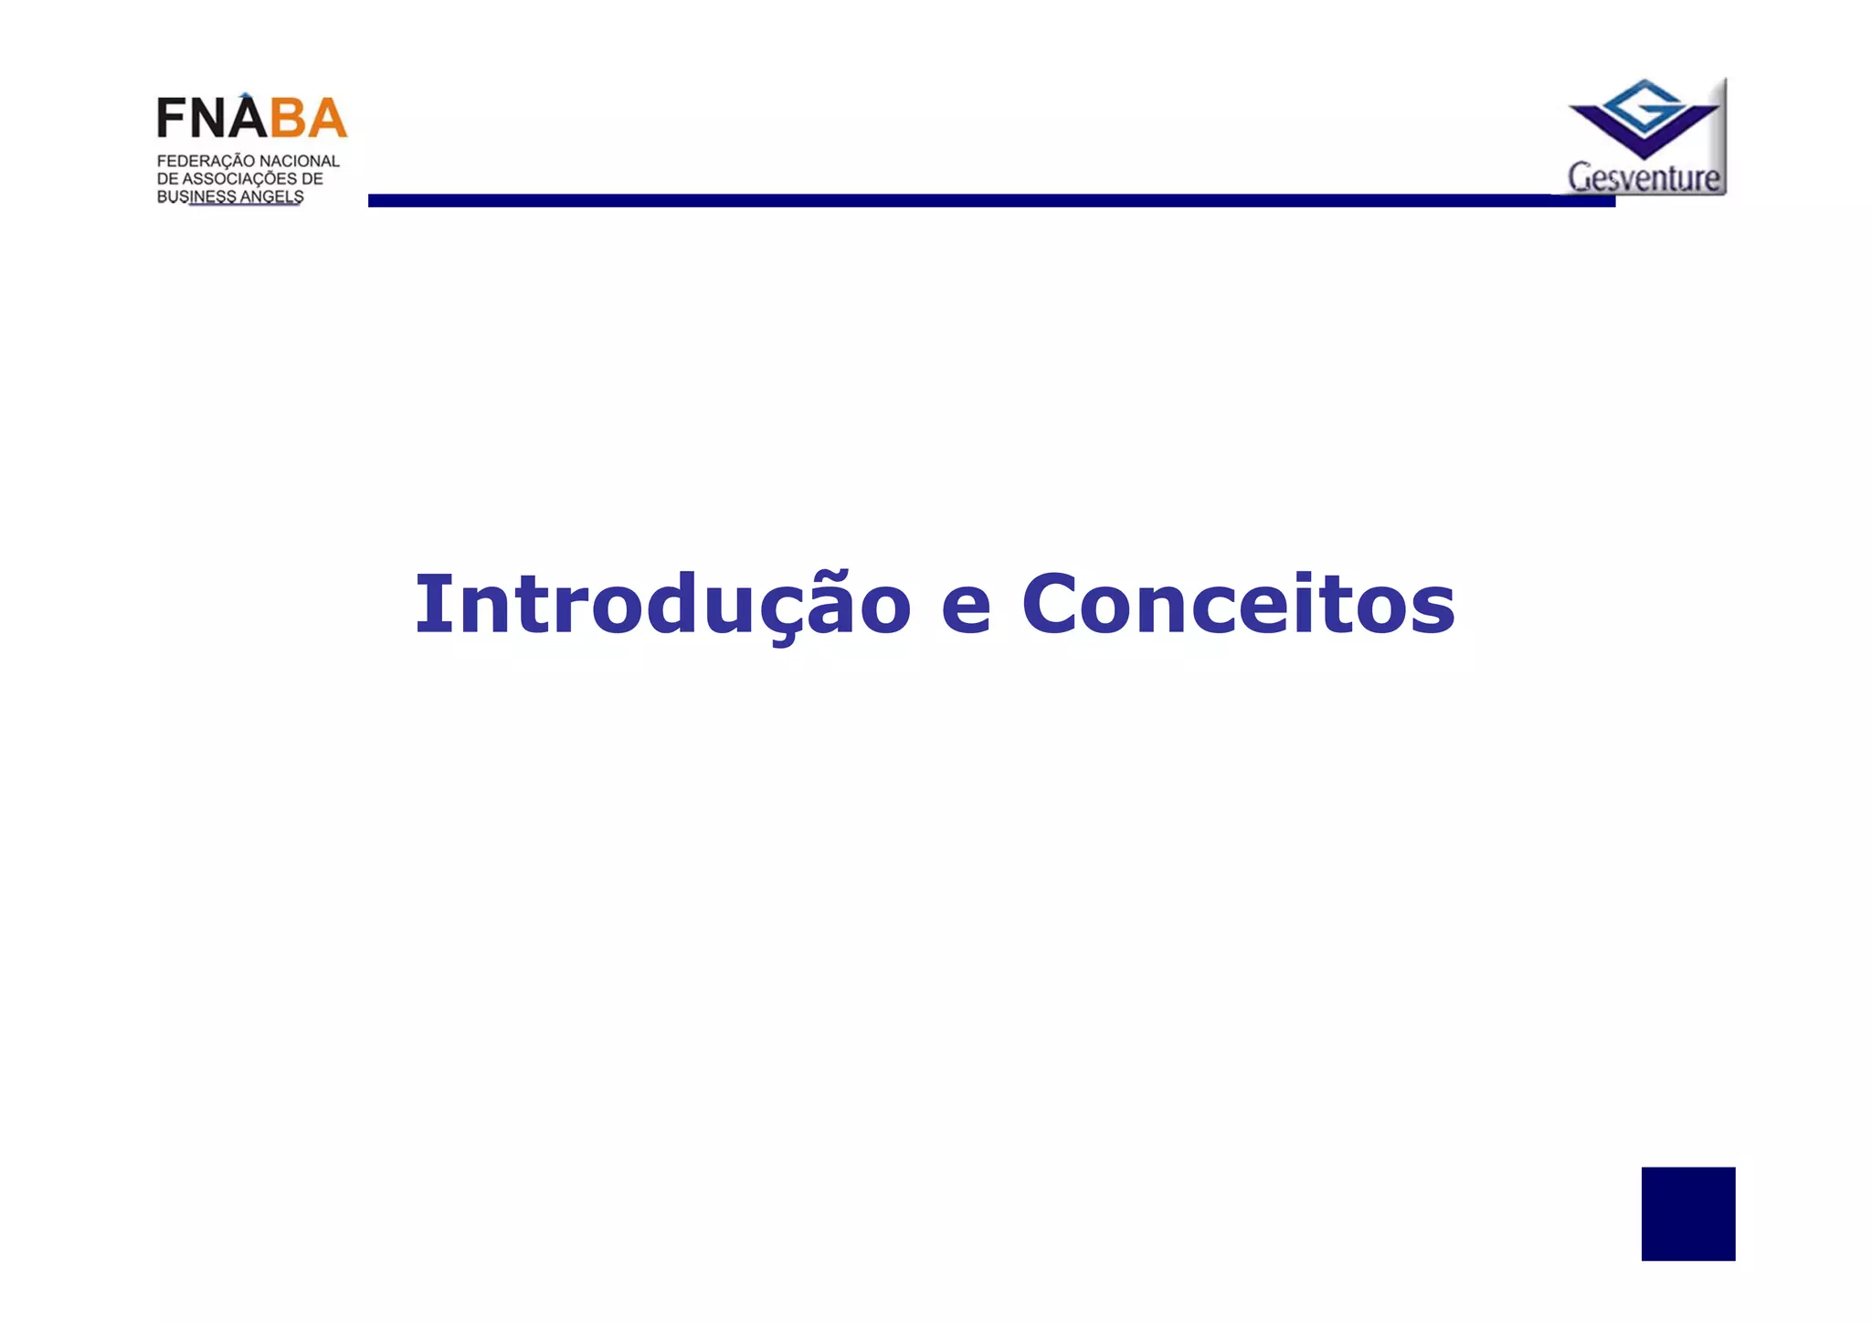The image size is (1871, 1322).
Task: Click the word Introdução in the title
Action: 663,605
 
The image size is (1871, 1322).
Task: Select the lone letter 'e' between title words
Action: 967,609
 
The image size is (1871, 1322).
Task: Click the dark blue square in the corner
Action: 1687,1213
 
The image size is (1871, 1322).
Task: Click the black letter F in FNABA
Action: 171,118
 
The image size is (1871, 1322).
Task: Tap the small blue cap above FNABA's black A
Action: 245,95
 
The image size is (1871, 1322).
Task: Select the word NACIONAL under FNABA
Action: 299,162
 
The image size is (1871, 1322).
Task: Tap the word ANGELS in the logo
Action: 271,196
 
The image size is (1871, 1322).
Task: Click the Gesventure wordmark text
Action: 1644,177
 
